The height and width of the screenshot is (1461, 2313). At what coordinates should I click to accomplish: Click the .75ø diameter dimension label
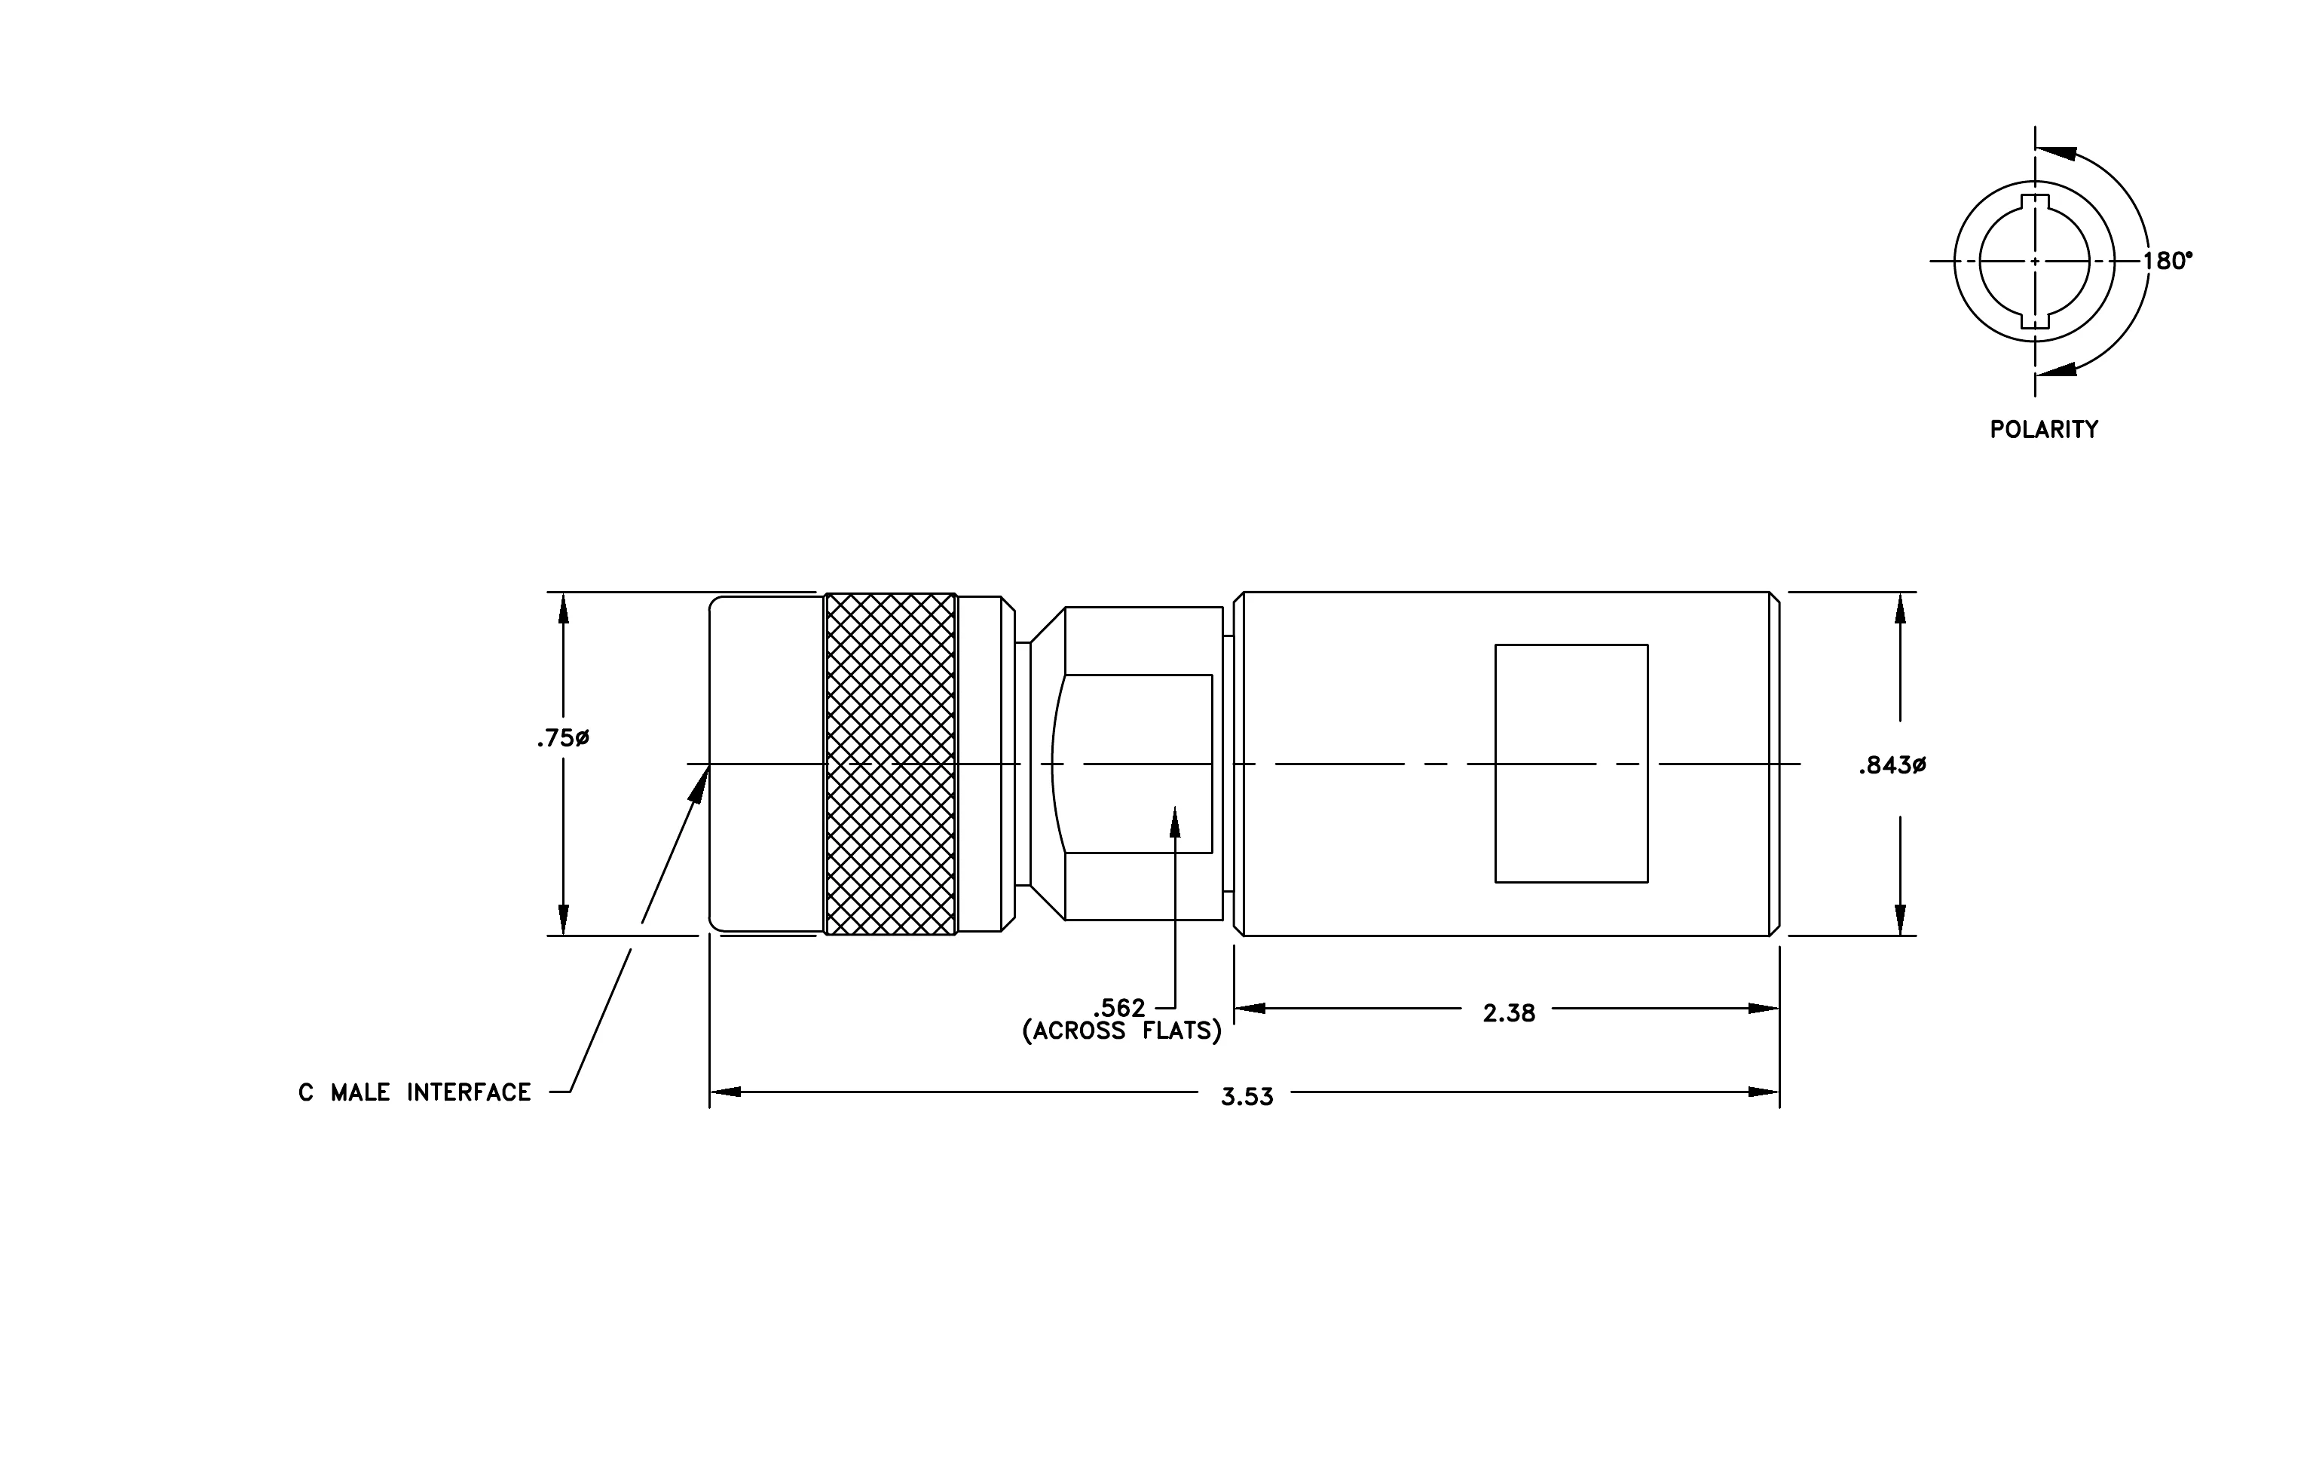tap(563, 738)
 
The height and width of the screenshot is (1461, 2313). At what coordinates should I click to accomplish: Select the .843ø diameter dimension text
tap(1892, 766)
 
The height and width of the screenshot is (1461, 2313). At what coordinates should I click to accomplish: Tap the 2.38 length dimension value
tap(1509, 1013)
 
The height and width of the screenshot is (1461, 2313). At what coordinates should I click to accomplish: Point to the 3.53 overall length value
tap(1247, 1097)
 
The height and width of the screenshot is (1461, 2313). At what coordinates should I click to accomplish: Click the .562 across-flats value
tap(1120, 1008)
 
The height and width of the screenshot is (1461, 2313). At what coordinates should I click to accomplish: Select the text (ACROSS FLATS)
tap(1122, 1031)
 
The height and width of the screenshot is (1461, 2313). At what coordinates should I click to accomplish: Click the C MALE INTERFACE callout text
tap(415, 1092)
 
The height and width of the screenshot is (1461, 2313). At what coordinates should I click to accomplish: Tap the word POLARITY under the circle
tap(2044, 430)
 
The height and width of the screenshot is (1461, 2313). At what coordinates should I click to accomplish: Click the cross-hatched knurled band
tap(890, 764)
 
